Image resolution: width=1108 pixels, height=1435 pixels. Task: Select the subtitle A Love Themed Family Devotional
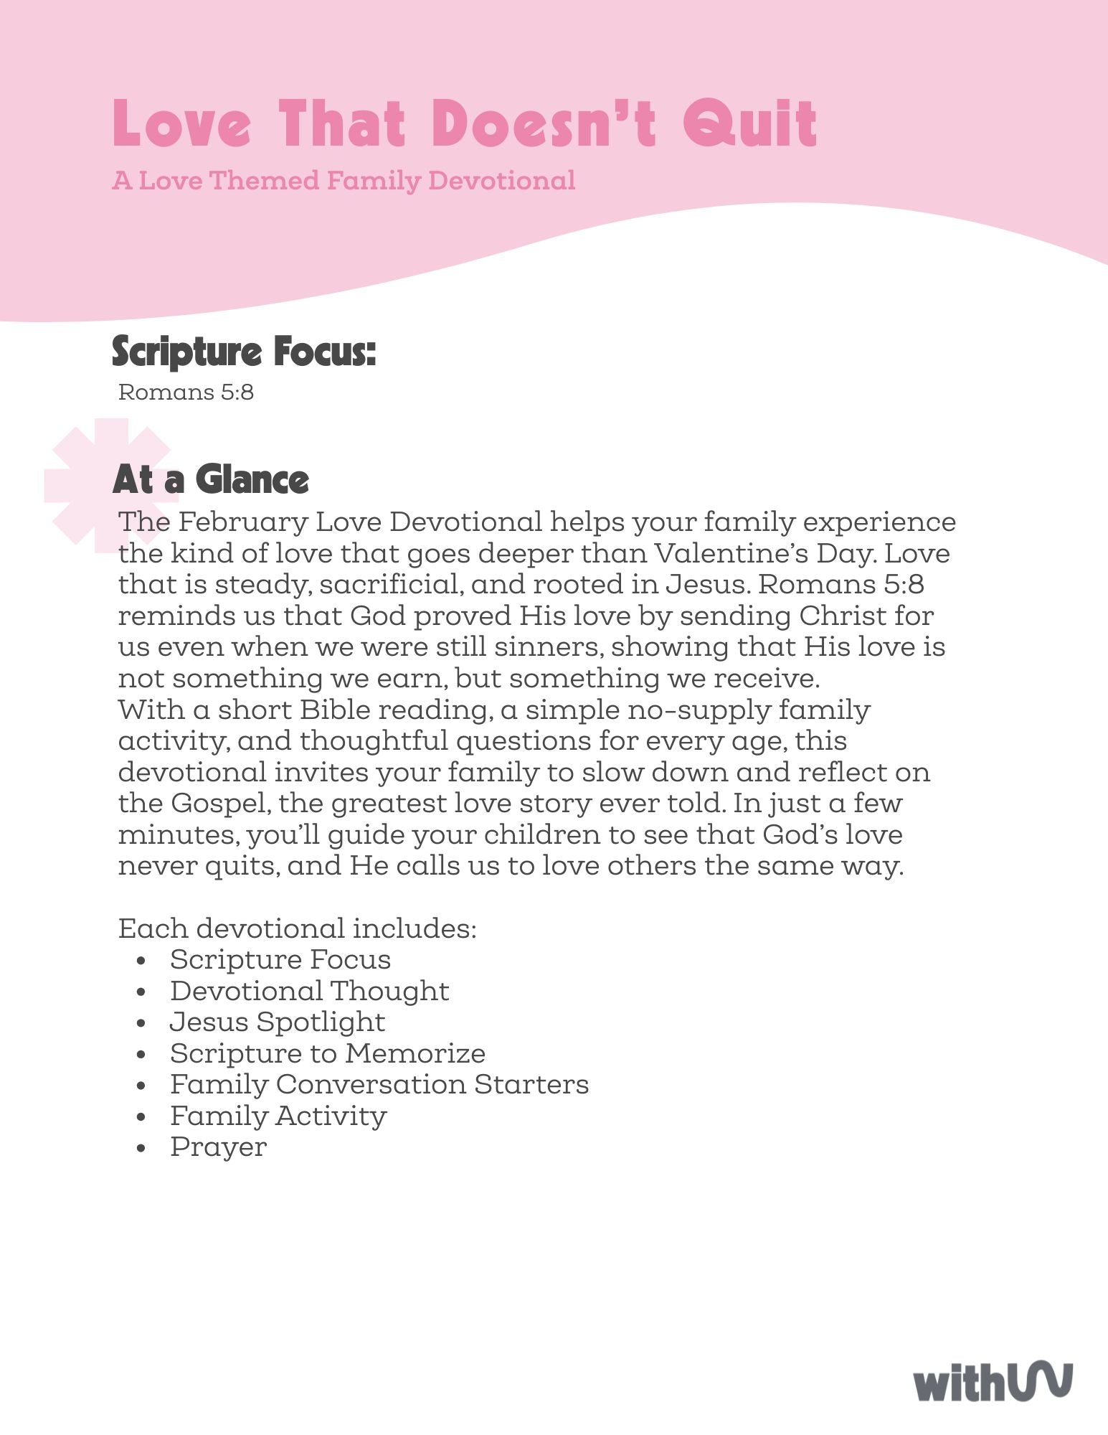[344, 180]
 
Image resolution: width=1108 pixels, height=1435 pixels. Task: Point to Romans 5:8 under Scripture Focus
[186, 392]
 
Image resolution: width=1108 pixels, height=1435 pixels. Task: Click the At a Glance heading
[211, 479]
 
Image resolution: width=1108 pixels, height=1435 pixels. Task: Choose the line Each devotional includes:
[297, 928]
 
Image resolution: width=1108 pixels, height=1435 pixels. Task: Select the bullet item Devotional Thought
[309, 991]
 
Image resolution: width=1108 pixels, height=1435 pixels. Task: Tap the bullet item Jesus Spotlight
[278, 1022]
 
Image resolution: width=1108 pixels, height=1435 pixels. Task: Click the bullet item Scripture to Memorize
[328, 1053]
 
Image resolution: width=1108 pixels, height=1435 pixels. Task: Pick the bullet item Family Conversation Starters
[379, 1084]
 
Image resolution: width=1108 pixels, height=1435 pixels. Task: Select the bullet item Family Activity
[278, 1116]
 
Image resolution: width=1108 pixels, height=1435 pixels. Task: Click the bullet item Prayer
[218, 1147]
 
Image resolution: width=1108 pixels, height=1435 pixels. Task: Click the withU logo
[993, 1382]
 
